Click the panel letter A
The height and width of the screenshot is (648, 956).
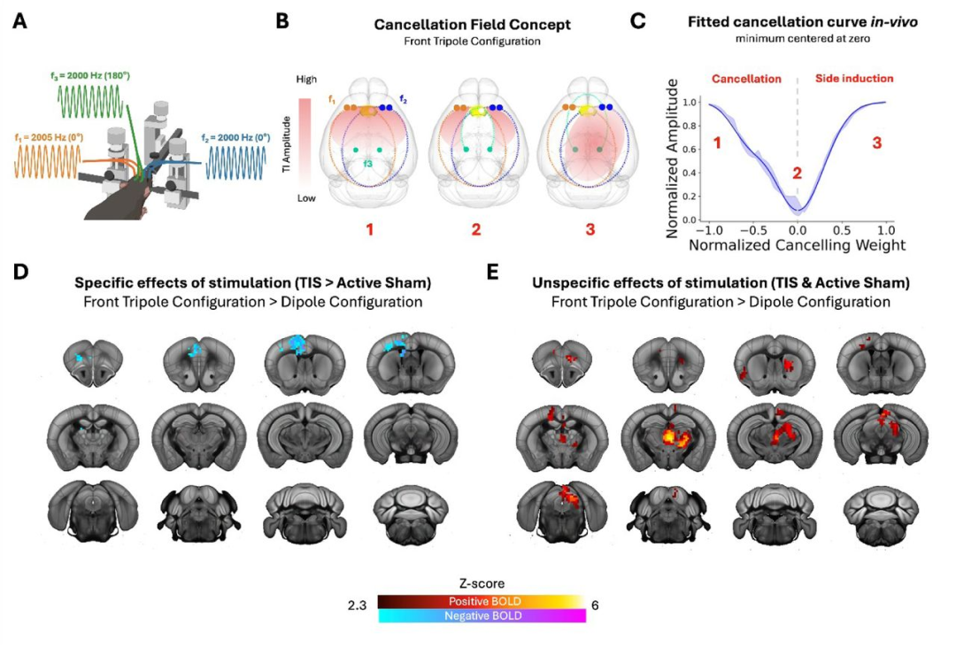(20, 21)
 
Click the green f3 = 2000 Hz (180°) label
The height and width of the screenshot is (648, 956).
(89, 76)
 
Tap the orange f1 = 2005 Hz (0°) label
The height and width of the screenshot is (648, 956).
(49, 138)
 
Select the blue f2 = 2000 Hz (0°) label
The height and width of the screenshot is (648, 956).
(235, 138)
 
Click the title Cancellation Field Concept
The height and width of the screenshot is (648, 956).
(472, 25)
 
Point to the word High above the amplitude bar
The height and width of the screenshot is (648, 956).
(306, 80)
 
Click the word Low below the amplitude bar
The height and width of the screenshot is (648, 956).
(306, 198)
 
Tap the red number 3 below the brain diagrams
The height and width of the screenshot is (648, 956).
(590, 229)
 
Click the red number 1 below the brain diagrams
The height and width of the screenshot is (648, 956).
(369, 229)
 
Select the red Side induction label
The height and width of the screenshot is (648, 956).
(854, 79)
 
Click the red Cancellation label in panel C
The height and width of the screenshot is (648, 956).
(746, 79)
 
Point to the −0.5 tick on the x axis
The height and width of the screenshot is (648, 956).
(753, 230)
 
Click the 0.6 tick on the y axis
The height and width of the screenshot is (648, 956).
(689, 150)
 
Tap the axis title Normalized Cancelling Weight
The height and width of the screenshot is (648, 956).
(797, 245)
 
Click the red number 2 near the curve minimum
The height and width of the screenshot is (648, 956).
(797, 174)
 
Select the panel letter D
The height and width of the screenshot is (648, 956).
(20, 272)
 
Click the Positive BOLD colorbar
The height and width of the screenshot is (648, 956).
(482, 602)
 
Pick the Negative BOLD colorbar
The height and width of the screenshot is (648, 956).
(482, 616)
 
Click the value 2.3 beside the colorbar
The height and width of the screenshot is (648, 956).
(358, 606)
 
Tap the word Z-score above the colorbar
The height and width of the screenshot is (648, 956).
(482, 583)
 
